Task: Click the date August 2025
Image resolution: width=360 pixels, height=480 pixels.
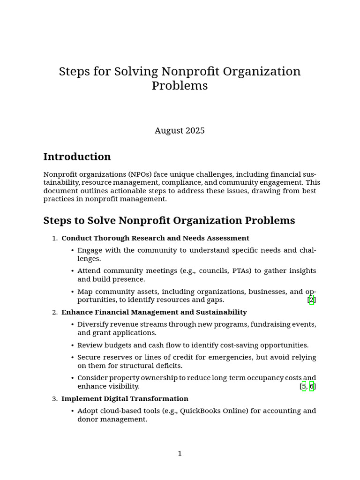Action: coord(180,131)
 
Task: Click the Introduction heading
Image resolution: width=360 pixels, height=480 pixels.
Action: coord(77,157)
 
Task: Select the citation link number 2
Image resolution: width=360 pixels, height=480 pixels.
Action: coord(312,300)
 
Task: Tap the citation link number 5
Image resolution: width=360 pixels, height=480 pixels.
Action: coord(304,387)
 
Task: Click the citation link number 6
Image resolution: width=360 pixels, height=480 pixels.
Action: coord(312,387)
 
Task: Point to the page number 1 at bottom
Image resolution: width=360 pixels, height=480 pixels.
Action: coord(180,453)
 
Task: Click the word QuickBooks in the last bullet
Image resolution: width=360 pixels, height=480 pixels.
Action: coord(198,411)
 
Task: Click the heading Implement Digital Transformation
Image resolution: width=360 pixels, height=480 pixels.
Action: coord(125,399)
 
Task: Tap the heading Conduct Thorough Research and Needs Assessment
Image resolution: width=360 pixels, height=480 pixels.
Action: coord(155,238)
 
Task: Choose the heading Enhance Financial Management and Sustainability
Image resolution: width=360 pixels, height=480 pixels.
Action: coord(154,312)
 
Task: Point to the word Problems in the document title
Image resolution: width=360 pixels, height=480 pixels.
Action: coord(180,86)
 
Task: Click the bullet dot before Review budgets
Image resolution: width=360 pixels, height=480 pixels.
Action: coord(73,345)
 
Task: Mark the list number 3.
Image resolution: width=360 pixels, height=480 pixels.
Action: coord(54,399)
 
